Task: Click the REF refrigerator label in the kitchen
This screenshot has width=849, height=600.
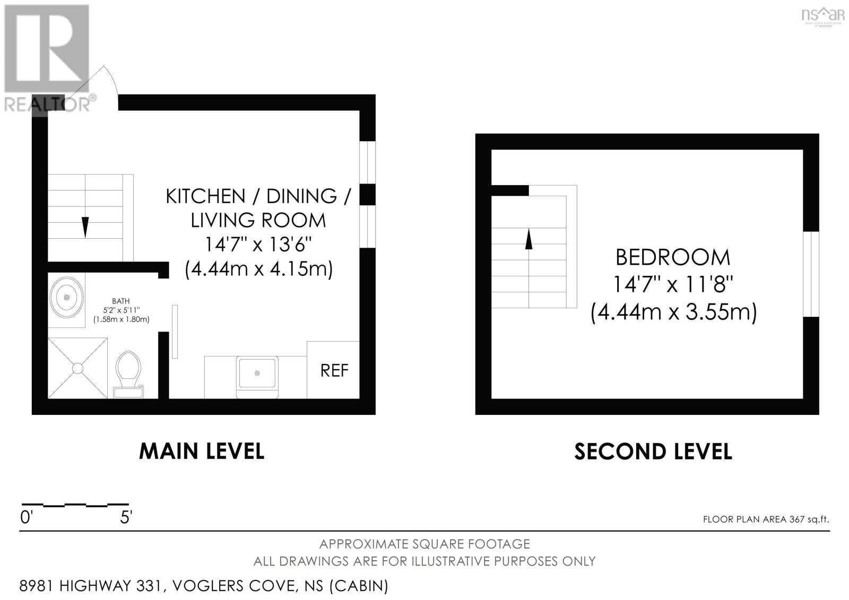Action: click(334, 371)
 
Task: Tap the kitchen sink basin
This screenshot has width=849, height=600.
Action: click(257, 373)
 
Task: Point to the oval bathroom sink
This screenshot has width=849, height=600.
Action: click(67, 298)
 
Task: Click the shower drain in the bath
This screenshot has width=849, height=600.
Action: click(77, 368)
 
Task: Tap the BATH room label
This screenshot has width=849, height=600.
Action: click(120, 301)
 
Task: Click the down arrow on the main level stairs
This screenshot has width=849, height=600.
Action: click(85, 227)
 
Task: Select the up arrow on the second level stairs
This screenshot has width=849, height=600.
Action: click(529, 239)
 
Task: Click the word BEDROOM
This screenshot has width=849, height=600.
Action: click(673, 258)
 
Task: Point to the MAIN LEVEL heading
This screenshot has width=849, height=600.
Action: click(202, 451)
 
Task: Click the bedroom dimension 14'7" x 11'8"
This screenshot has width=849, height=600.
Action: click(673, 284)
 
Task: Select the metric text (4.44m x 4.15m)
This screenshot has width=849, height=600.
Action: click(258, 269)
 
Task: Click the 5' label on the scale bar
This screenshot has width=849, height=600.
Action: click(126, 517)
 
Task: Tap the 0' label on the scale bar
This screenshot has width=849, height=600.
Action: click(27, 517)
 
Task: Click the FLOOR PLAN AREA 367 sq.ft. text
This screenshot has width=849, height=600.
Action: click(766, 519)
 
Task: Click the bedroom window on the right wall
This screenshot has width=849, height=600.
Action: click(811, 274)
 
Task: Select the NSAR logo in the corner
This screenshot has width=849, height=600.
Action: click(823, 16)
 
